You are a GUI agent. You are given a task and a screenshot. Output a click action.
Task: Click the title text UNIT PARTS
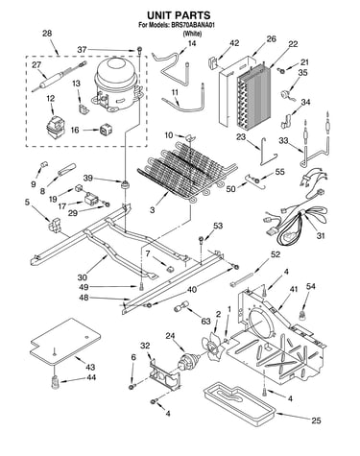pos(179,15)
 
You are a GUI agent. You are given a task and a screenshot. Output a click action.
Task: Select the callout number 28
pos(47,34)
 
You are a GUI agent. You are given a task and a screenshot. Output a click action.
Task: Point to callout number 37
pos(82,50)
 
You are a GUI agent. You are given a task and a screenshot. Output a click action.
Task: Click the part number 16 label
pos(75,130)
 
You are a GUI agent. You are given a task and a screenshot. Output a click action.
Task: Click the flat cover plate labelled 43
pos(65,341)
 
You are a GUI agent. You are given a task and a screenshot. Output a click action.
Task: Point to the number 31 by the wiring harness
pos(321,236)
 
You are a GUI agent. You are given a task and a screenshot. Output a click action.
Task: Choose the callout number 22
pos(293,44)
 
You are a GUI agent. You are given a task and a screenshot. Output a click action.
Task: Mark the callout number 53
pos(218,226)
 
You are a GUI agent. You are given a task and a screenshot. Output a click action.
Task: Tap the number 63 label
pos(205,321)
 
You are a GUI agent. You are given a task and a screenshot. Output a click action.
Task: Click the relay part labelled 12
pos(54,125)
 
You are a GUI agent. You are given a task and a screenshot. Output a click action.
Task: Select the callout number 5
pos(27,202)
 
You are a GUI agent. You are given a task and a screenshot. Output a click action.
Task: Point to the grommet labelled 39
pos(124,184)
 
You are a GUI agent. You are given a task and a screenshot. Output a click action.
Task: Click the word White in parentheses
pos(192,34)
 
